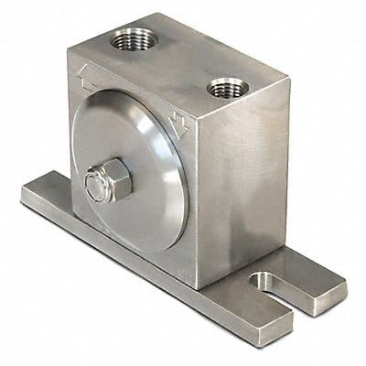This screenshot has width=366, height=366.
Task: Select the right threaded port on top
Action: click(225, 89)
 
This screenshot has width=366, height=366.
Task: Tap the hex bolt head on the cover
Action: click(108, 183)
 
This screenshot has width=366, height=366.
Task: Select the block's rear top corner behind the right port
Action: click(290, 81)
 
